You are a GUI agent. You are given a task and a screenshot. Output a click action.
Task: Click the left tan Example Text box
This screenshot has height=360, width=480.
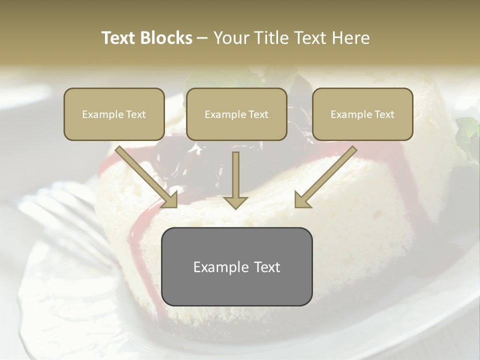click(x=114, y=114)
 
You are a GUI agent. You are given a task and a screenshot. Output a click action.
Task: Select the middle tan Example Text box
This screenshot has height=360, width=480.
click(x=236, y=114)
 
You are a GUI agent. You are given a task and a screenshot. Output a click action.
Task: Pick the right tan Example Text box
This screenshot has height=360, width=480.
click(x=362, y=114)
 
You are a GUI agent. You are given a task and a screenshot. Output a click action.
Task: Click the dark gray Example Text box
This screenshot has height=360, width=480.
click(x=236, y=266)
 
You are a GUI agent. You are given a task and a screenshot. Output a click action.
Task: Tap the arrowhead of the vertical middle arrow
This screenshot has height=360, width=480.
click(x=235, y=202)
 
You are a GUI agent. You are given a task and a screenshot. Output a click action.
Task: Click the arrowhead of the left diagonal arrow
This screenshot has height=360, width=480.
click(x=170, y=199)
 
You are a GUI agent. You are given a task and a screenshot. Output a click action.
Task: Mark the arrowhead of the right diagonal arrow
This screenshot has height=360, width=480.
click(x=302, y=199)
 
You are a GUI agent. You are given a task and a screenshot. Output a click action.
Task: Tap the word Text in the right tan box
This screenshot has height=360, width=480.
click(x=384, y=114)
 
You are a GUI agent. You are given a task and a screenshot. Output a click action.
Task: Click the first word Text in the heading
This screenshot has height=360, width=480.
click(x=119, y=38)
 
